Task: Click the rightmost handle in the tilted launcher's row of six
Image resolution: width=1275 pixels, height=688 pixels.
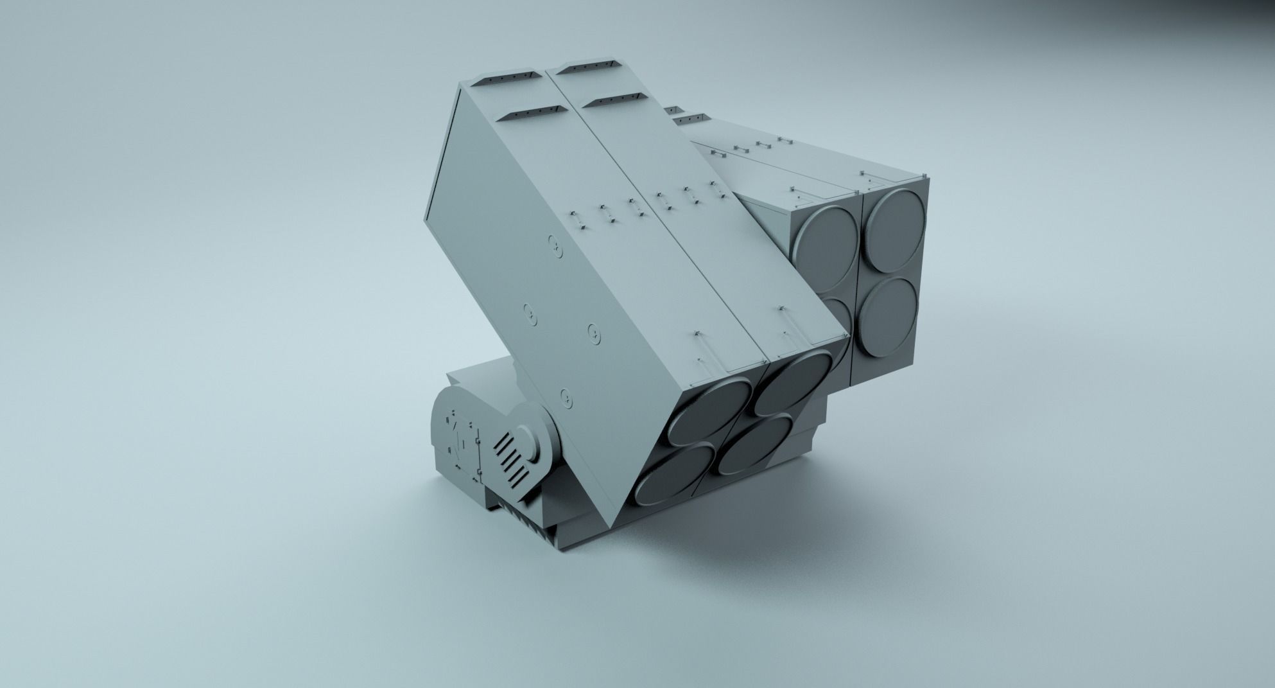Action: point(715,187)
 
